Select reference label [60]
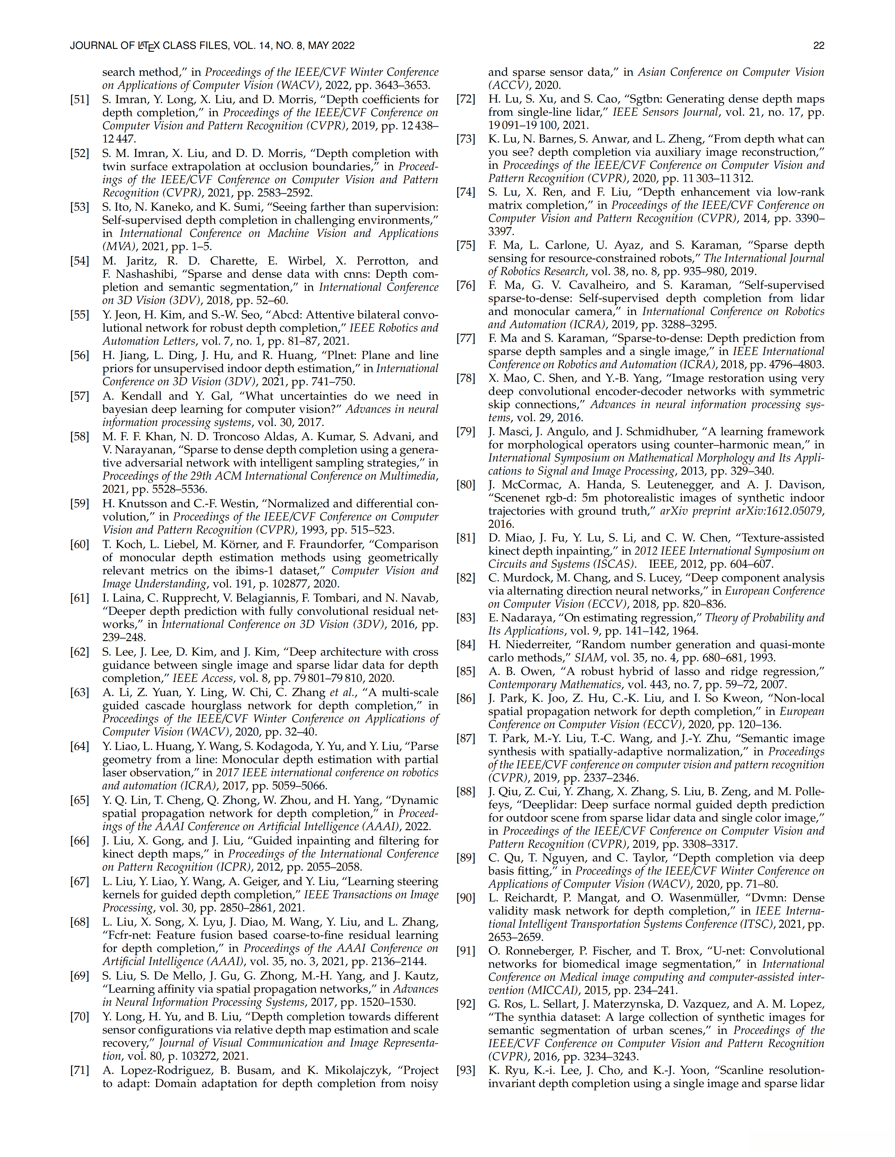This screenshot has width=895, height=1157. point(79,545)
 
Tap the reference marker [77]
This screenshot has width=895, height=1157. point(465,338)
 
